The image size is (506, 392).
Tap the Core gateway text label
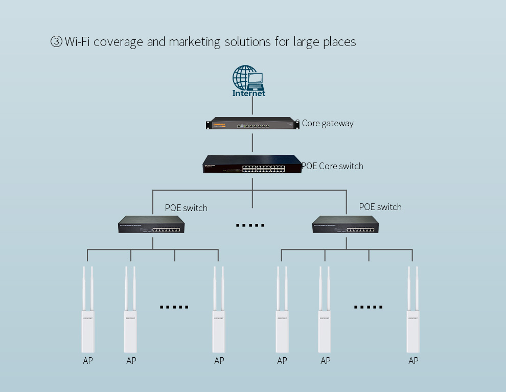pyautogui.click(x=327, y=123)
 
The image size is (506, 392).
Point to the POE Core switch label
pyautogui.click(x=333, y=166)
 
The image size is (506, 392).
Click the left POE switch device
pyautogui.click(x=152, y=225)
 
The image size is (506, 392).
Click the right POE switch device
pyautogui.click(x=346, y=225)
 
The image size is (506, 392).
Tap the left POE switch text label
pyautogui.click(x=186, y=208)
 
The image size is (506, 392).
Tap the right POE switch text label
pyautogui.click(x=380, y=207)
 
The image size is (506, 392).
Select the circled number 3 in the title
pyautogui.click(x=56, y=42)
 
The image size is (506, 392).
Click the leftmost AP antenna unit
pyautogui.click(x=88, y=312)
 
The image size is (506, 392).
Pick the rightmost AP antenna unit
pyautogui.click(x=413, y=312)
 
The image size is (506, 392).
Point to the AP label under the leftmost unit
pyautogui.click(x=88, y=361)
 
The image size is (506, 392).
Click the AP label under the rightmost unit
pyautogui.click(x=413, y=361)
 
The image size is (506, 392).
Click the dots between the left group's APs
pyautogui.click(x=174, y=307)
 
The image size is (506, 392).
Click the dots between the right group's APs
pyautogui.click(x=369, y=307)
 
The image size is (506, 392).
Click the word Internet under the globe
pyautogui.click(x=249, y=94)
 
